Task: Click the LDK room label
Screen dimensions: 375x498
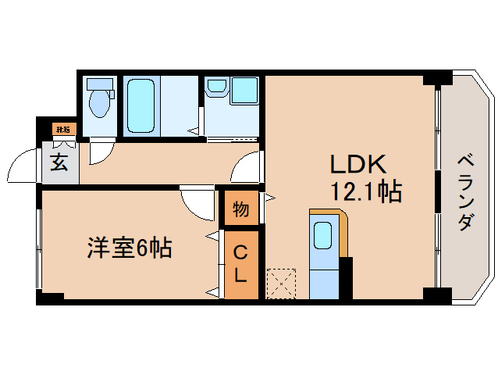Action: pyautogui.click(x=359, y=164)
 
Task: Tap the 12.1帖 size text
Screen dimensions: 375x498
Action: pyautogui.click(x=365, y=191)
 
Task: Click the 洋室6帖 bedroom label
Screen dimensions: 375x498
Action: pyautogui.click(x=129, y=248)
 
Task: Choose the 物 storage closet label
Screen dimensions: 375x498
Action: pyautogui.click(x=241, y=209)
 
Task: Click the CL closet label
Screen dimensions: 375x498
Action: pyautogui.click(x=241, y=264)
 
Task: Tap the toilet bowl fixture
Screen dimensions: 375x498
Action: pyautogui.click(x=98, y=100)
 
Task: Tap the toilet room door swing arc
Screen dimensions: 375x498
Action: pyautogui.click(x=101, y=152)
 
